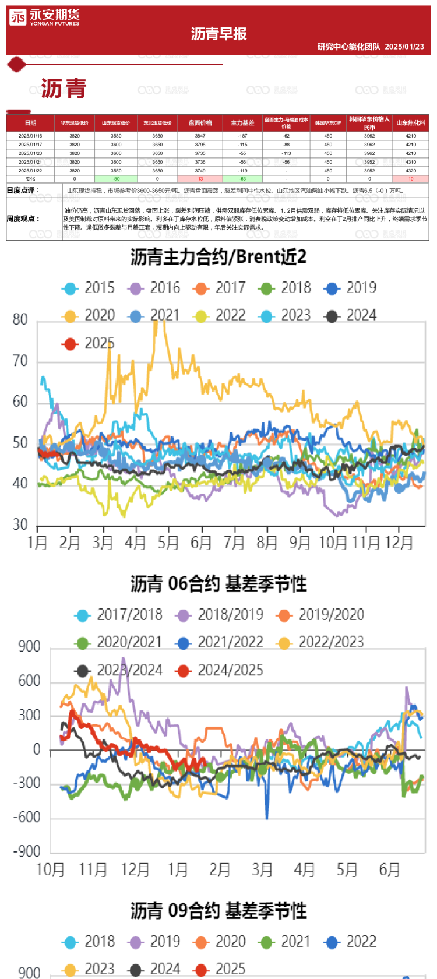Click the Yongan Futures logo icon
[x=17, y=17]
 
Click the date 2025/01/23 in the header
[x=404, y=47]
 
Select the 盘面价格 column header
[x=200, y=123]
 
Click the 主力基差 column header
[x=242, y=123]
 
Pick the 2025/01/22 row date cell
[x=30, y=171]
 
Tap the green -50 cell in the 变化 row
[x=116, y=179]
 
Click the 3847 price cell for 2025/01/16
[x=200, y=136]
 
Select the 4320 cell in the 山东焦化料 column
[x=411, y=171]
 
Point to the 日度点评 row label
[x=23, y=191]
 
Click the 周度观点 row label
[x=23, y=219]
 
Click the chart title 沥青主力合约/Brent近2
[x=218, y=257]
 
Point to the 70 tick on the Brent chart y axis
[x=20, y=361]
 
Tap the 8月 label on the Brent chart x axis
[x=267, y=543]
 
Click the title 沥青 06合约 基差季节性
[x=218, y=584]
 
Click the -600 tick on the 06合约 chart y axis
[x=27, y=818]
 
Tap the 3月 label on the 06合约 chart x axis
[x=262, y=870]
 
